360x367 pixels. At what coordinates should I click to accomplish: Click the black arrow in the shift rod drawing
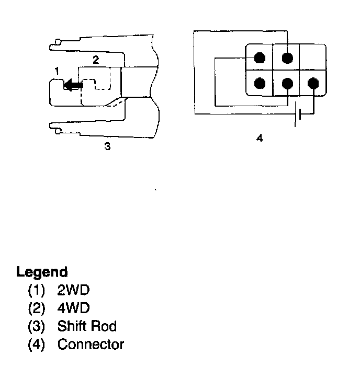[x=72, y=85]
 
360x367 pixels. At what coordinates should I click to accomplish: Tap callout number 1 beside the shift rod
[x=57, y=70]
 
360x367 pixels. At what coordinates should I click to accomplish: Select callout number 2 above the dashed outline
[x=95, y=60]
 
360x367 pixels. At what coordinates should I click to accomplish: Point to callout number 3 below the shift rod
[x=107, y=147]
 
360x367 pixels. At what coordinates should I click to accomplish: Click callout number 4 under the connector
[x=260, y=139]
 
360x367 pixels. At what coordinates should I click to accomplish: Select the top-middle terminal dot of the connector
[x=286, y=57]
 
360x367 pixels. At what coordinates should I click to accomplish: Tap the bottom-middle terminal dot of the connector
[x=286, y=83]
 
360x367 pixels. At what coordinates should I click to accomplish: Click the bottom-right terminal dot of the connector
[x=313, y=83]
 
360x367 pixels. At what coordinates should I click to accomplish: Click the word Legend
[x=42, y=272]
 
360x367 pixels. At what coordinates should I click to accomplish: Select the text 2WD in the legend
[x=73, y=291]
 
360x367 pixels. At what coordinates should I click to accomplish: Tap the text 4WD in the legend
[x=73, y=308]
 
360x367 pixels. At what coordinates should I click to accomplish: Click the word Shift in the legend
[x=72, y=327]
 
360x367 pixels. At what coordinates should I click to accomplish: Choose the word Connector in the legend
[x=91, y=345]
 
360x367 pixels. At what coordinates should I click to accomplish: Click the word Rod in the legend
[x=103, y=327]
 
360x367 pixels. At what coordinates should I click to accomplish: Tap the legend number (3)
[x=36, y=327]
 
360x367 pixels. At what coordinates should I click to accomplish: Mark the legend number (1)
[x=36, y=291]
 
